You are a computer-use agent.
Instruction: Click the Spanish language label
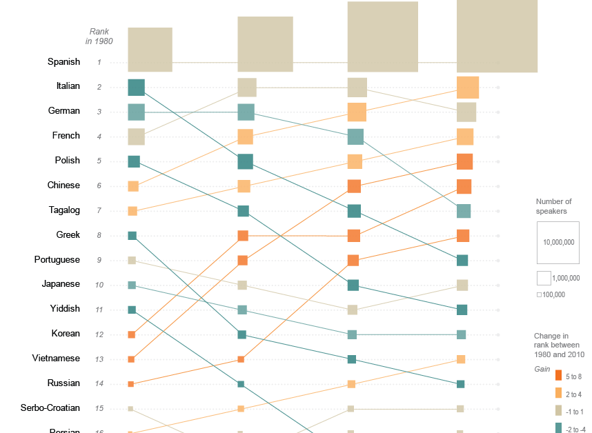(x=63, y=62)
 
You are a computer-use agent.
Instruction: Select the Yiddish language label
(x=65, y=309)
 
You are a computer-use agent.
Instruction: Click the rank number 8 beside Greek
(x=99, y=236)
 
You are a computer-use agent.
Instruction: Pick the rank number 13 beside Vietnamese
(x=99, y=359)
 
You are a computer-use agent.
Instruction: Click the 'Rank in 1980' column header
(x=99, y=37)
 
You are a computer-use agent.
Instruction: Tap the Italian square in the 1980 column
(x=136, y=88)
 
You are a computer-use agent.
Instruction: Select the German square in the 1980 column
(x=136, y=112)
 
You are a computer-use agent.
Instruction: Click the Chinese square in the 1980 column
(x=133, y=186)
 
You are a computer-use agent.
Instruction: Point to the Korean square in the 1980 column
(x=131, y=334)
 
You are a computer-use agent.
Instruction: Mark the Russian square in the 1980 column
(x=130, y=384)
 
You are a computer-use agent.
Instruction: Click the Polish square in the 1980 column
(x=134, y=161)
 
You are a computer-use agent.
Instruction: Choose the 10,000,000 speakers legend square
(x=558, y=243)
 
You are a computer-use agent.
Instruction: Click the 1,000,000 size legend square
(x=544, y=279)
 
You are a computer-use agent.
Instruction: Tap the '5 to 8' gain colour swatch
(x=559, y=376)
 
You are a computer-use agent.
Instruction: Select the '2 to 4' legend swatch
(x=559, y=394)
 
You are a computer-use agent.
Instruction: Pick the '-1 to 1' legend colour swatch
(x=559, y=412)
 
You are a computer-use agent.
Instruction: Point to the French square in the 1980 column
(x=136, y=137)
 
